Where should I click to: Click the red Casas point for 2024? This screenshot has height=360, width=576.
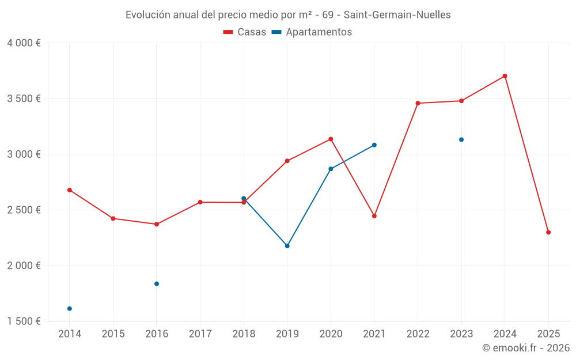coord(505,76)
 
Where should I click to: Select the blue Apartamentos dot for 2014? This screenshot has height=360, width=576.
coord(70,309)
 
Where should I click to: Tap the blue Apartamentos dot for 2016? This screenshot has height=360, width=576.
coord(157,284)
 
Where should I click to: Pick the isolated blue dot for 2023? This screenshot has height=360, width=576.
coord(461,139)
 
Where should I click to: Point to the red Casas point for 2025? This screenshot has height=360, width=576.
coord(548,232)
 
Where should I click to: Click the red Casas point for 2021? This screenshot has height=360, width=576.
coord(374,216)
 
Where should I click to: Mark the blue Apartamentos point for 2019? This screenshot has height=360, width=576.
coord(287,246)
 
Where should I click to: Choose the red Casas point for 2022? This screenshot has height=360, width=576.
coord(418,103)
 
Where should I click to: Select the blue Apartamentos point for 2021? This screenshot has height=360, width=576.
coord(374,145)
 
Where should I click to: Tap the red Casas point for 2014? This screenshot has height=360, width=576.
coord(70,190)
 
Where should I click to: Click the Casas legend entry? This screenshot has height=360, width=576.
coord(245,32)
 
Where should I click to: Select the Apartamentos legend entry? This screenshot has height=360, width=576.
coord(312,32)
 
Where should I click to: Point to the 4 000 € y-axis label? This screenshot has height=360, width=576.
coord(24,43)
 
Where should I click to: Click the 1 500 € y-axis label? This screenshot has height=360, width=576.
coord(24,321)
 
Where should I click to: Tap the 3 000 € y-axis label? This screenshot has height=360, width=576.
coord(24,154)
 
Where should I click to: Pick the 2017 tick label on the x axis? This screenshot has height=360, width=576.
coord(200,334)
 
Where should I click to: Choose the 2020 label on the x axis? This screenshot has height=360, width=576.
coord(331,334)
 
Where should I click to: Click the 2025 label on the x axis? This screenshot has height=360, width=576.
coord(548,334)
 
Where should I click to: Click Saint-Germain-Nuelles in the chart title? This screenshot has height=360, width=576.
coord(397,15)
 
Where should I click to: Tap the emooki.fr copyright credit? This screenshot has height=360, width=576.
coord(526,348)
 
